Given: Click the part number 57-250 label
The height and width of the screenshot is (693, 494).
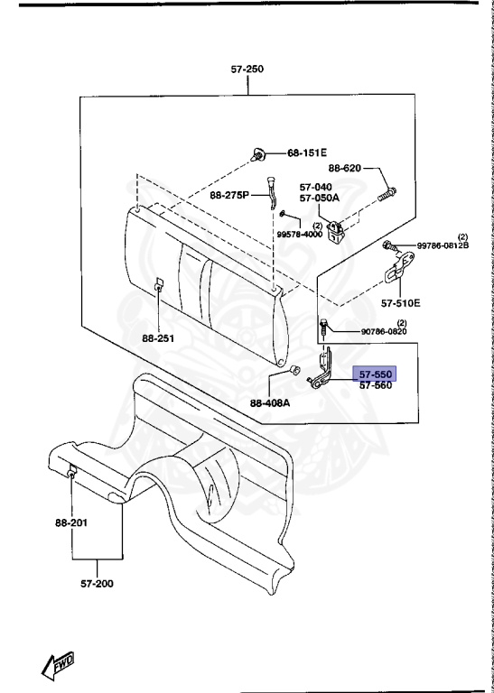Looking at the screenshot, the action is (x=247, y=69).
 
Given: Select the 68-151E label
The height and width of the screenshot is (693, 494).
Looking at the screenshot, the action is (x=307, y=152).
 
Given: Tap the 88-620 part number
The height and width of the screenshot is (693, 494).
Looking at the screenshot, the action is (x=344, y=168).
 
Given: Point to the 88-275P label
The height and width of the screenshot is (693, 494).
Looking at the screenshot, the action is (x=229, y=195).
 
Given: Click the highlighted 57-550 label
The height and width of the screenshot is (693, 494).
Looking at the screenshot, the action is (x=375, y=374).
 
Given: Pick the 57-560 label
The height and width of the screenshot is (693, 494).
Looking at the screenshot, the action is (x=375, y=385).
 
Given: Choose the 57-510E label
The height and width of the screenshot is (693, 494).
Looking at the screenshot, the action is (x=401, y=303).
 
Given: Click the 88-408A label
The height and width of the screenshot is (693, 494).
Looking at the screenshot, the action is (x=270, y=403).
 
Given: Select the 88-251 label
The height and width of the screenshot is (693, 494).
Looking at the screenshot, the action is (x=158, y=338).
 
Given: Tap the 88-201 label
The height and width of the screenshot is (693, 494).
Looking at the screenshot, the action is (x=71, y=522).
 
